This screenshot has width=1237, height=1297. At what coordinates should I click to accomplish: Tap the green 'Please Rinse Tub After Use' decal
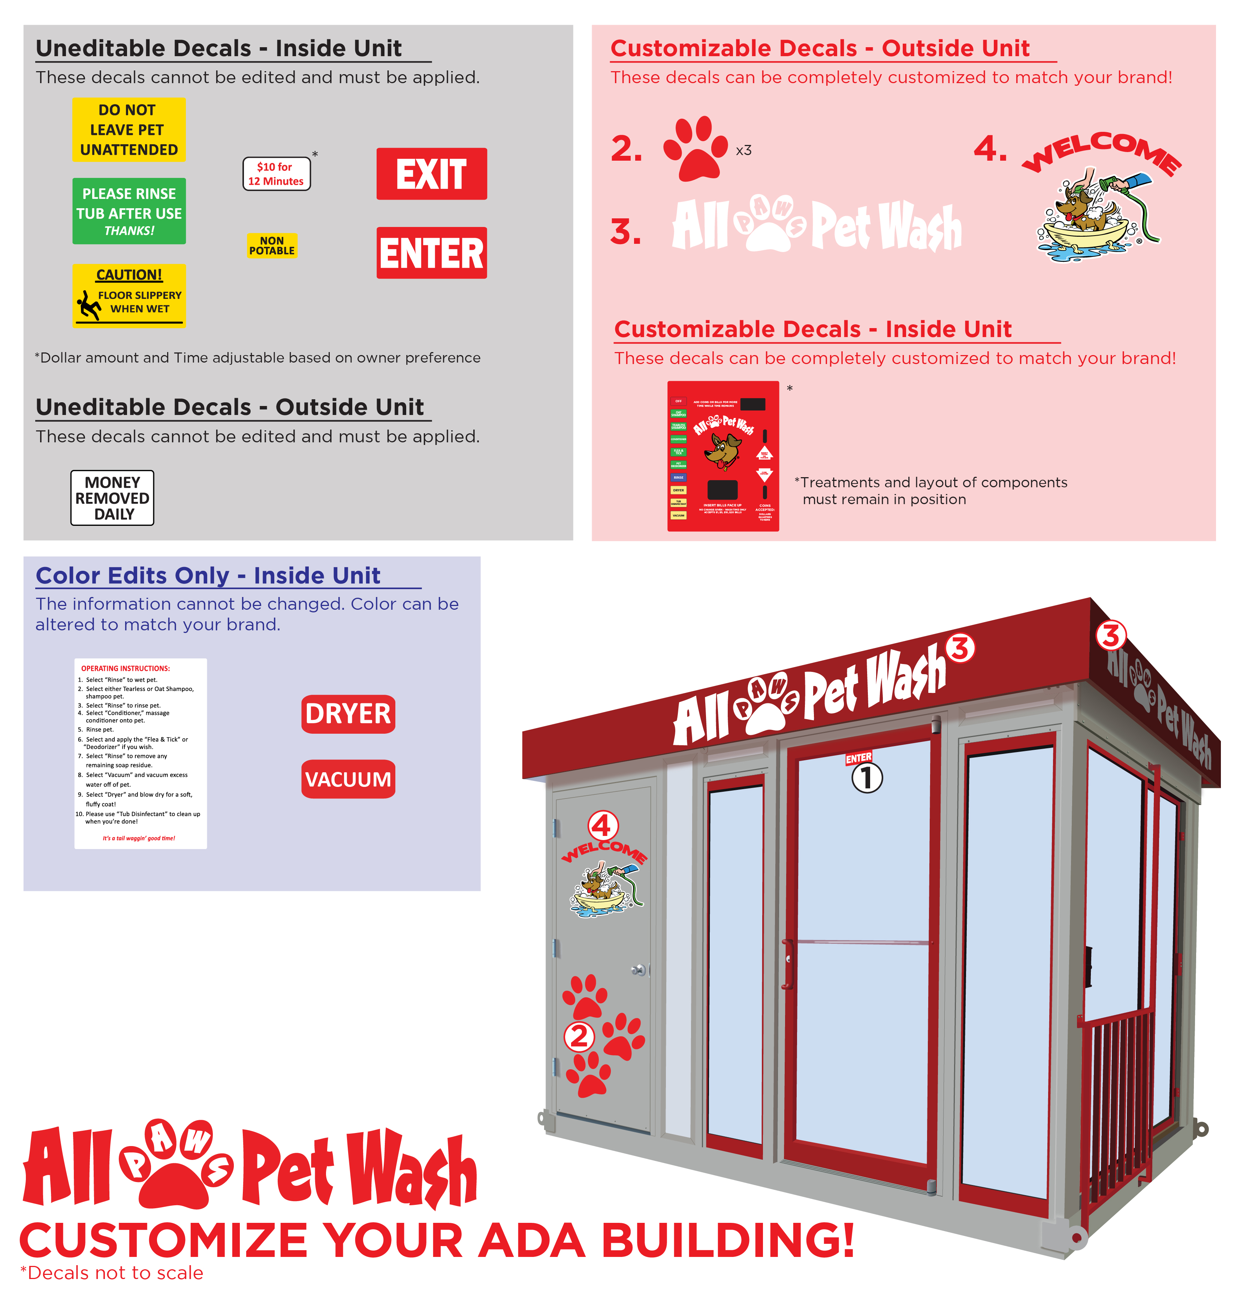129,211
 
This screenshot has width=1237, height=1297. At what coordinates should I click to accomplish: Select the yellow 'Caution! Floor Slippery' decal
129,295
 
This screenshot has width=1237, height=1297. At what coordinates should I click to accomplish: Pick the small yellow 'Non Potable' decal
272,246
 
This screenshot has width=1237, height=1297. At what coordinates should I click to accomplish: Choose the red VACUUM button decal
348,779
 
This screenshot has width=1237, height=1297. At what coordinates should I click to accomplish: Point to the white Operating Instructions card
141,753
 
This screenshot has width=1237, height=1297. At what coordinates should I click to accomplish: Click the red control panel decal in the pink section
723,456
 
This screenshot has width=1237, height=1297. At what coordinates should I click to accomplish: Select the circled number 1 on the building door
866,778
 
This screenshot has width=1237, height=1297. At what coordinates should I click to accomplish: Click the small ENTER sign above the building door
859,758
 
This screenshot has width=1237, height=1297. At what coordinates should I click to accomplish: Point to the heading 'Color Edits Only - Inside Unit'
208,575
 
